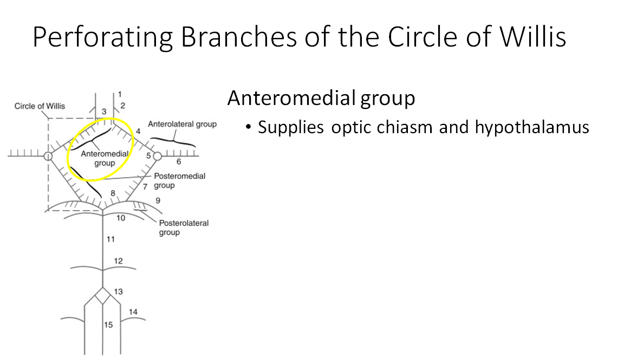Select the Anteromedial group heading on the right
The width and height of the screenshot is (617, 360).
click(x=321, y=99)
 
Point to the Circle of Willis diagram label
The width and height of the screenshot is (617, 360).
click(x=40, y=106)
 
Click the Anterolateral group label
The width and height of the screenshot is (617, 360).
click(x=182, y=124)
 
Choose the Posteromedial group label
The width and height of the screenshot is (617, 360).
click(x=179, y=181)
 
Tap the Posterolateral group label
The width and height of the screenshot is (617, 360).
click(x=184, y=227)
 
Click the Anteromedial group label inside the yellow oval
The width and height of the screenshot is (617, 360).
click(x=105, y=158)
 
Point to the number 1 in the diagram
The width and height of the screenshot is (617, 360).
click(x=120, y=94)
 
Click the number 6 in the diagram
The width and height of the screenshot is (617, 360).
click(x=178, y=161)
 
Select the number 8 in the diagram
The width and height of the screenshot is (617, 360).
click(x=113, y=193)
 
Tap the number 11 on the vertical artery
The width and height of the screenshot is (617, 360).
click(x=111, y=239)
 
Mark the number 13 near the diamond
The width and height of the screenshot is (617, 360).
click(x=119, y=292)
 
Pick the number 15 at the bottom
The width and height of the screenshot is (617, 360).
click(x=108, y=325)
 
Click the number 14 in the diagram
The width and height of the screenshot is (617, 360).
click(x=133, y=312)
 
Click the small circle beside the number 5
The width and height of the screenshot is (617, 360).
click(x=157, y=156)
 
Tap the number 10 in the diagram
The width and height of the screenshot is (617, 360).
click(x=120, y=218)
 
